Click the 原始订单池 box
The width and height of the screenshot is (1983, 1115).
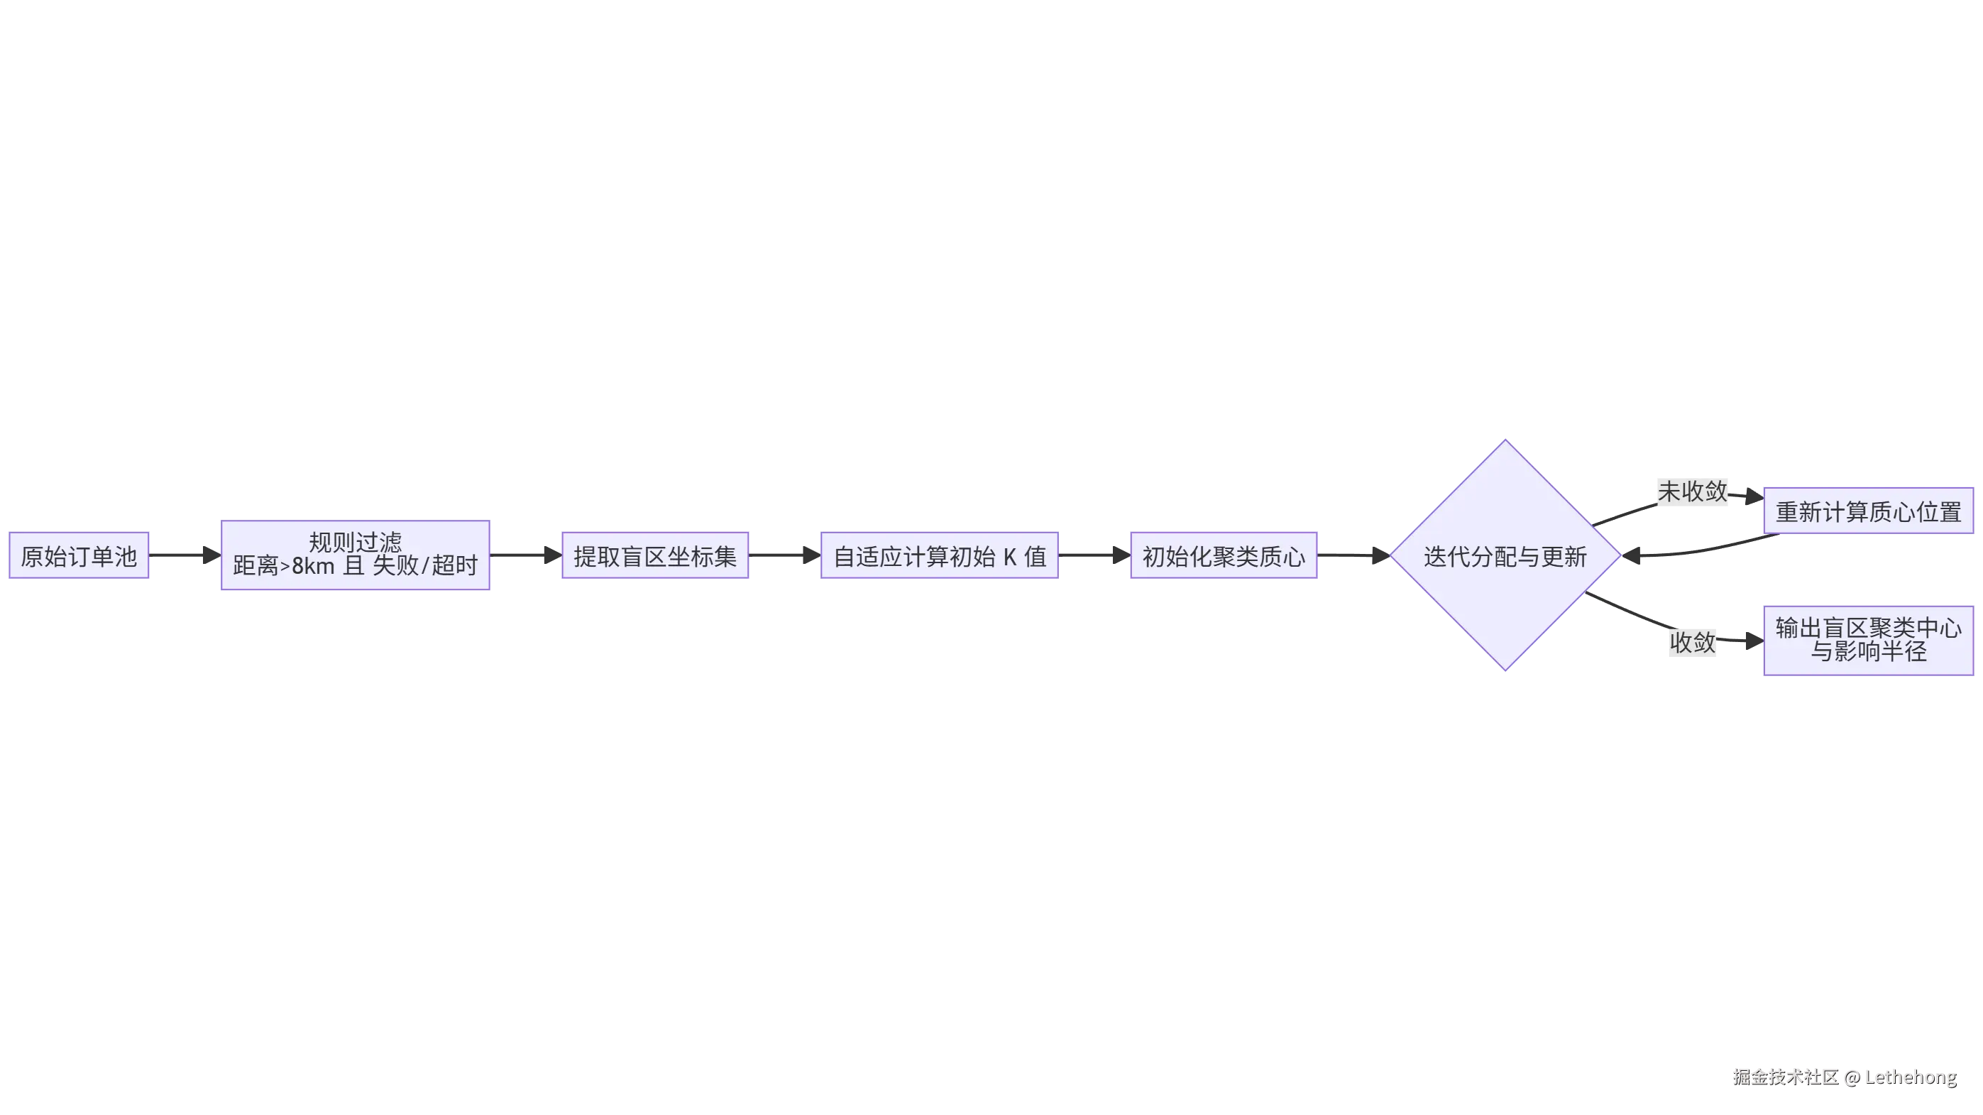[79, 555]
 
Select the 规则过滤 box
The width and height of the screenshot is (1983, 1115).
[355, 555]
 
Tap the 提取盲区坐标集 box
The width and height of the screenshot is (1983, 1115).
[654, 555]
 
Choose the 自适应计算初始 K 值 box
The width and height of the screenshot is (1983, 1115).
[939, 555]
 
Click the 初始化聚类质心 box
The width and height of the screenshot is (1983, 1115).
[1225, 555]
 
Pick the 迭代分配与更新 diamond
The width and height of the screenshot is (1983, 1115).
[1505, 555]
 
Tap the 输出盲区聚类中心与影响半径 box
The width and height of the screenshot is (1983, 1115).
[1867, 639]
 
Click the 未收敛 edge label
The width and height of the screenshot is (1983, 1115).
[1692, 491]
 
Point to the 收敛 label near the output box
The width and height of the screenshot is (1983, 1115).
[1692, 641]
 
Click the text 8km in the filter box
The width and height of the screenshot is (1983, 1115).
[312, 566]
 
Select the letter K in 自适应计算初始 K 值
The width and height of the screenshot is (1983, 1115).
[1009, 556]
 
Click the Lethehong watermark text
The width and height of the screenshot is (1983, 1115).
[1910, 1077]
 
